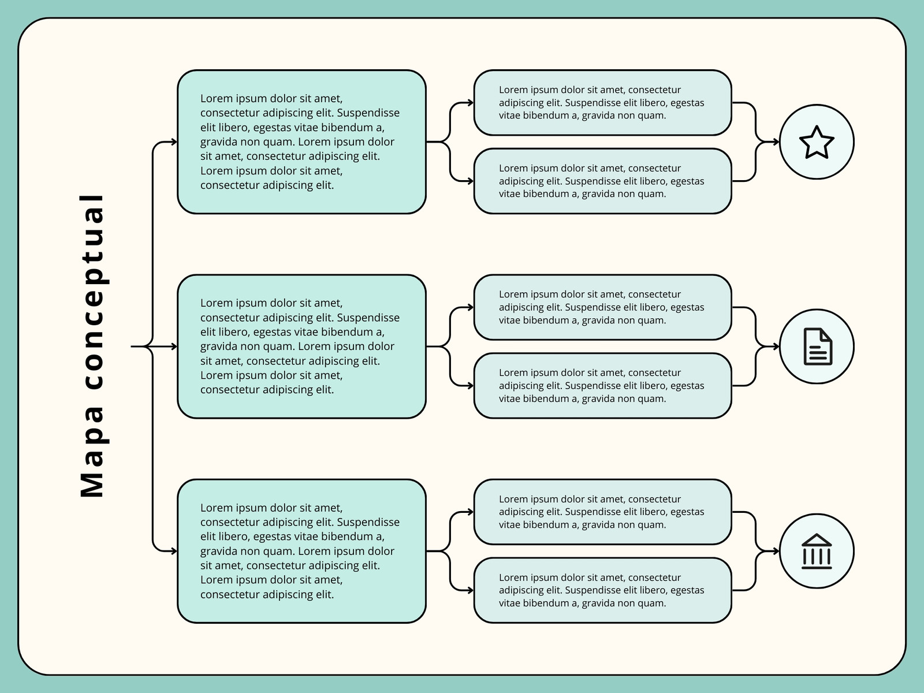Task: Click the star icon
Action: point(816,142)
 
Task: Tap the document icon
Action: point(818,346)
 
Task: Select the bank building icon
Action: point(817,551)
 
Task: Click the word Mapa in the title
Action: point(92,452)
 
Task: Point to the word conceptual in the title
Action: point(92,292)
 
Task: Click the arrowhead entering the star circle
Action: point(776,142)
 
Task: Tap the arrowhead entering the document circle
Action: point(776,346)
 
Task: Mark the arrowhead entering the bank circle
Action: point(776,551)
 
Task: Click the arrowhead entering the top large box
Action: point(174,142)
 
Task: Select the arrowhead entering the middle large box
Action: point(174,346)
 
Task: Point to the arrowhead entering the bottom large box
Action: point(174,551)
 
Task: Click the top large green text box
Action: point(301,142)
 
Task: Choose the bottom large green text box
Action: point(301,551)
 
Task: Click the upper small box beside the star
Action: point(602,103)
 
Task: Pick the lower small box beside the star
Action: point(602,181)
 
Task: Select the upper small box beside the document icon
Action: point(602,307)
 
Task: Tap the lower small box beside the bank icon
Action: point(602,590)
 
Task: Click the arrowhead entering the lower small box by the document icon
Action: point(470,386)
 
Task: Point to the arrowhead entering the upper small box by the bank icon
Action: point(470,512)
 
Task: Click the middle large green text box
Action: point(301,346)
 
